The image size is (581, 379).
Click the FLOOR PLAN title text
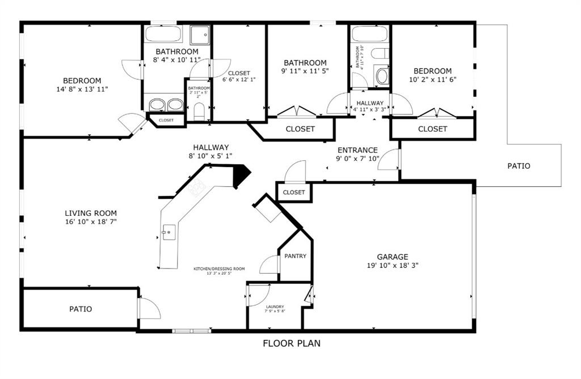292,343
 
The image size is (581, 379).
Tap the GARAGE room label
393,257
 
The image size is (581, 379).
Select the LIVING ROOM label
91,214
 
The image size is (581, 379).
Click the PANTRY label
295,256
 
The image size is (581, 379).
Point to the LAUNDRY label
275,307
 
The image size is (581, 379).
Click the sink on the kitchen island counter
168,232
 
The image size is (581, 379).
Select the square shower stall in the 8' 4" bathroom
200,35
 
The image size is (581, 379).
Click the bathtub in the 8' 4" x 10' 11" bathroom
163,34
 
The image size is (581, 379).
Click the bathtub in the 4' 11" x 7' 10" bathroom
369,33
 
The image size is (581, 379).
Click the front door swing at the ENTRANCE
389,160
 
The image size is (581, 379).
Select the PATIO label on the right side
519,166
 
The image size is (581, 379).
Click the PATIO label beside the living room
81,309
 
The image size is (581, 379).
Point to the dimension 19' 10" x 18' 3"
393,265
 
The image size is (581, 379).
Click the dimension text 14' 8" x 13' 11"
82,90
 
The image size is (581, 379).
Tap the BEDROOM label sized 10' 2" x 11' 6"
432,71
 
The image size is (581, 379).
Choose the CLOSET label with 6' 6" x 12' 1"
239,73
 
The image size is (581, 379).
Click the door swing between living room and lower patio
149,308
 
